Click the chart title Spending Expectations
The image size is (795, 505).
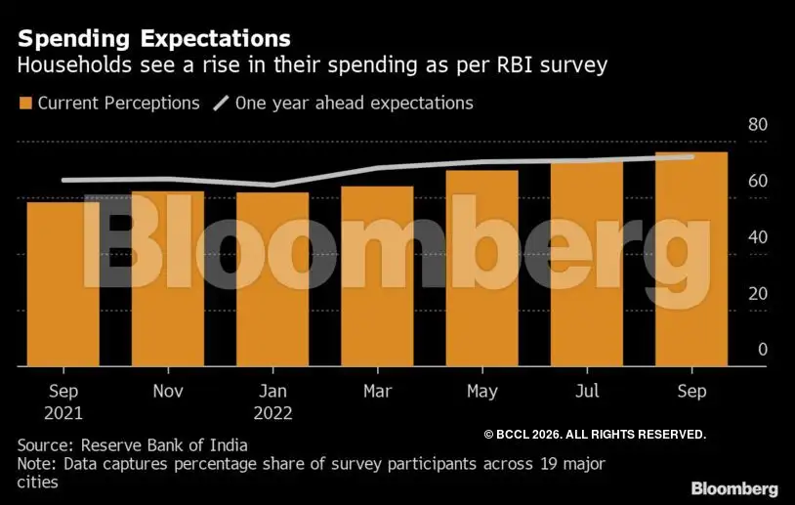[154, 38]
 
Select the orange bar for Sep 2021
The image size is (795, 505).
[63, 283]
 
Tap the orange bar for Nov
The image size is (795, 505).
[168, 278]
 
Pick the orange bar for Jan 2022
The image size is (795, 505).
[272, 279]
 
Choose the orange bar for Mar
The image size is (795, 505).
[377, 275]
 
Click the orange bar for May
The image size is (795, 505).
[481, 268]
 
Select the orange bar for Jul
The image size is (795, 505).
[586, 264]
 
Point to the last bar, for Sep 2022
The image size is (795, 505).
[690, 259]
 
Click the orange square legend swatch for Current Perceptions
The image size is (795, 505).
[25, 103]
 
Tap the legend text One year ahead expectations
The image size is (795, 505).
[354, 103]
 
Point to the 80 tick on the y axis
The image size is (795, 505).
[758, 125]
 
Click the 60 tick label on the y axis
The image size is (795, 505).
[758, 182]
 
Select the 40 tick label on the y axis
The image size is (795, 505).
[758, 237]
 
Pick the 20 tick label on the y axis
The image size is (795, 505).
[758, 294]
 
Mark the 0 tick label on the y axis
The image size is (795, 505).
[763, 350]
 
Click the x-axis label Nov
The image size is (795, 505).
[168, 391]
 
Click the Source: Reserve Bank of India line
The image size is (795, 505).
[133, 444]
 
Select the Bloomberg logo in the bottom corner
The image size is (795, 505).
[734, 487]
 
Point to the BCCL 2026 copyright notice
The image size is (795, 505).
[595, 434]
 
